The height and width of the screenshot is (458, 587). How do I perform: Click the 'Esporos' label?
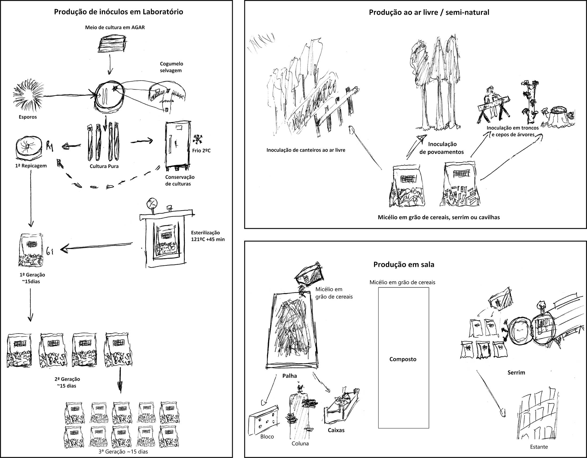coord(28,117)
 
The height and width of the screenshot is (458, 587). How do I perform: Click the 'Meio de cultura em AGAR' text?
coord(115,27)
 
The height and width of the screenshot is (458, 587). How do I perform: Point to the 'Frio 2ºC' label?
coord(201,151)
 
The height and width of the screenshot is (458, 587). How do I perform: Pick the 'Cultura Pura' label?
coord(104,166)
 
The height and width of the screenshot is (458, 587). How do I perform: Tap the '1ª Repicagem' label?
coord(31,166)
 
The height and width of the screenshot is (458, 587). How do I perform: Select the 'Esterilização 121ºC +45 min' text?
coord(208,236)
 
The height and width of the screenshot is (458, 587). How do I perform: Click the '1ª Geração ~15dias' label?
coord(33,278)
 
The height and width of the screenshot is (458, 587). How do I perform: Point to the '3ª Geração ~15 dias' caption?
coord(123,452)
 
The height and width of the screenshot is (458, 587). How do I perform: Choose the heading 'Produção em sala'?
coord(404,265)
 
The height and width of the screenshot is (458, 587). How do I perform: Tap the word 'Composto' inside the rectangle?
coord(403,359)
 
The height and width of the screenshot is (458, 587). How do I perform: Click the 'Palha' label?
coord(289,376)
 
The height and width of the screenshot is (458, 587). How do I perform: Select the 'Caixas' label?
coord(336,430)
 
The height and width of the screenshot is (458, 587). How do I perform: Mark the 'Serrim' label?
coord(516,373)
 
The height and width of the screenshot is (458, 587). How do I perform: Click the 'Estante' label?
coord(539,447)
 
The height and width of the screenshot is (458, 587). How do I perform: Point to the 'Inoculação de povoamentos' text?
coord(442,148)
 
